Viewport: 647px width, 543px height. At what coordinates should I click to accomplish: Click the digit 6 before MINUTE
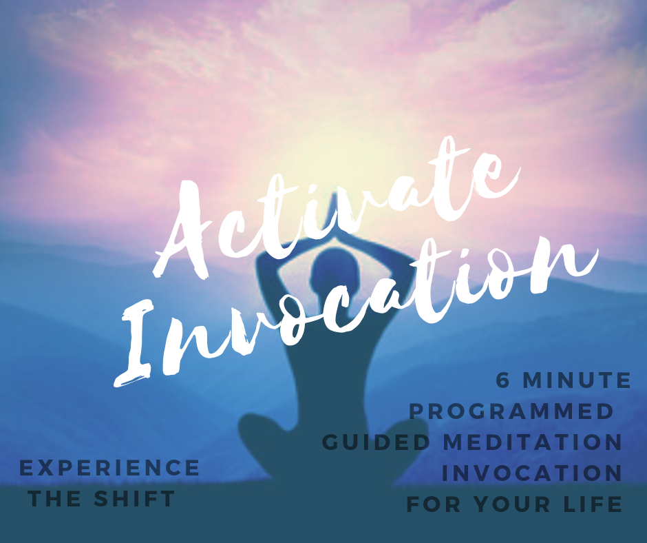[502, 380]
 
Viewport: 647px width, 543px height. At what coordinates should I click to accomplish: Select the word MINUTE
[576, 380]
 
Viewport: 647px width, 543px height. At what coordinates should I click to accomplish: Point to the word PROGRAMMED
[511, 411]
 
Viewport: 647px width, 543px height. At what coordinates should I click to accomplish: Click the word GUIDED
[376, 442]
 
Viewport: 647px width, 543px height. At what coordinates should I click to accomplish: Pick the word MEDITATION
[532, 442]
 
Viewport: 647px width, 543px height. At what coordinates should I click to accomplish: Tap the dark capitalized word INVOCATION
[531, 473]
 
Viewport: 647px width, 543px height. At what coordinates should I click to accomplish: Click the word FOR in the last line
[433, 504]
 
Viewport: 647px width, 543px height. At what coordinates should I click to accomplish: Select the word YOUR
[511, 504]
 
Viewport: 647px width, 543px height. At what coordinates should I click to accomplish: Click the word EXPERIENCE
[109, 468]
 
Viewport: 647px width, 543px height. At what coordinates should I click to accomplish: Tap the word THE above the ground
[55, 499]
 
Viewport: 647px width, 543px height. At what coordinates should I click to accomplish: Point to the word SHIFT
[134, 499]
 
